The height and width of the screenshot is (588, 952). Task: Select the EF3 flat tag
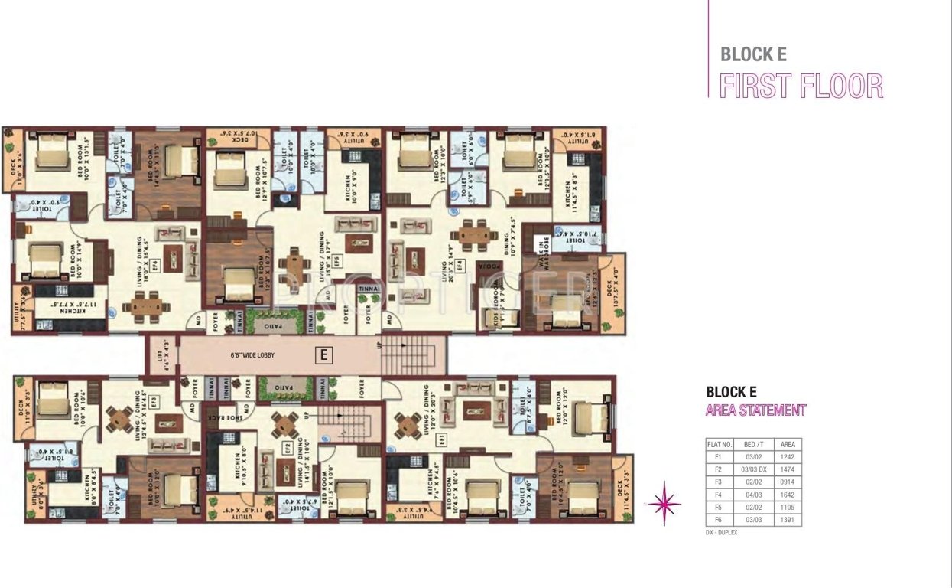(x=154, y=400)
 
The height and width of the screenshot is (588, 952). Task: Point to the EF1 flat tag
(x=440, y=438)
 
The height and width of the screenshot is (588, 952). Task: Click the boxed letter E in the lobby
(x=324, y=355)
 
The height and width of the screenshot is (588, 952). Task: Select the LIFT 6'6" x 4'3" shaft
(x=162, y=356)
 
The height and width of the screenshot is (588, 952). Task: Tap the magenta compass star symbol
(x=664, y=502)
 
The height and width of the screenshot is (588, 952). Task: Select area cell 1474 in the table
(x=786, y=469)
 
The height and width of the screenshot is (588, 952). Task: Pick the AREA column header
(x=786, y=444)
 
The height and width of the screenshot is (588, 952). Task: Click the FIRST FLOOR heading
(x=801, y=87)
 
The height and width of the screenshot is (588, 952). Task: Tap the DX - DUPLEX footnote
(x=721, y=532)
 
